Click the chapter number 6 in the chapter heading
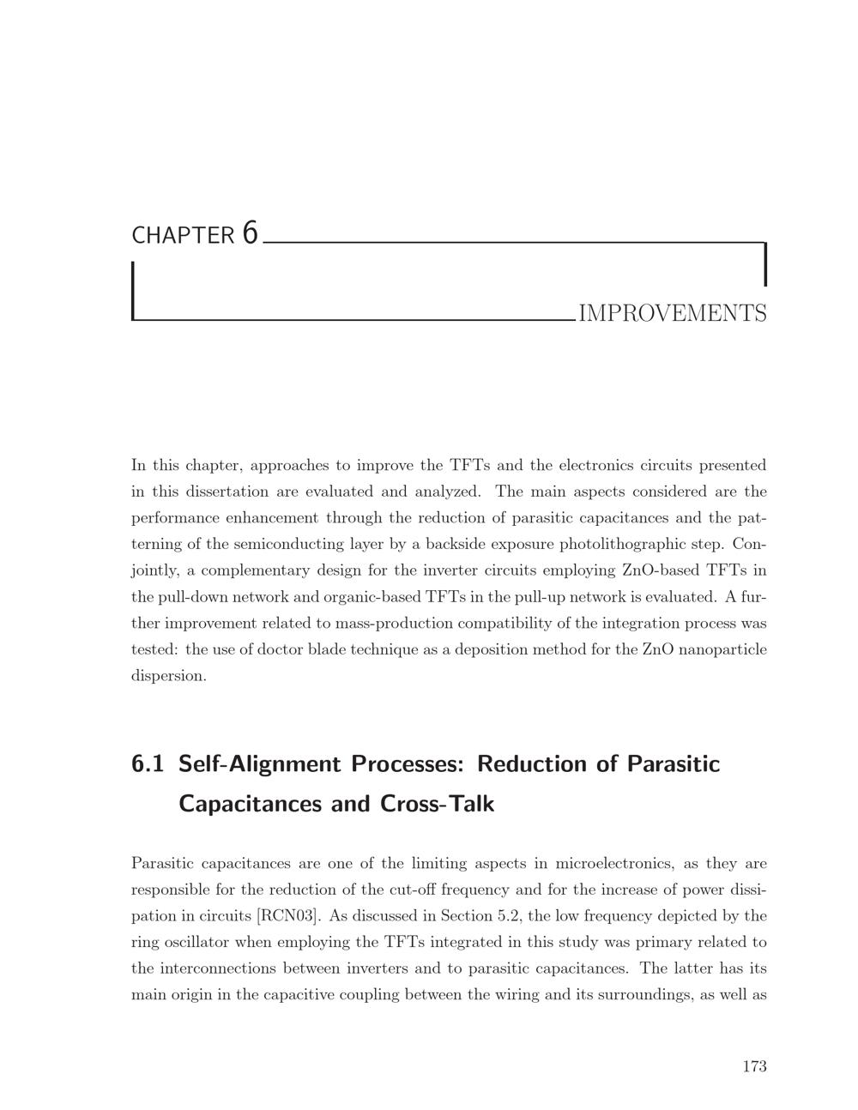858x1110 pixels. (x=250, y=232)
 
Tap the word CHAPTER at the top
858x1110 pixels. (x=182, y=235)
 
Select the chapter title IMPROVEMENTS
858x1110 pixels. (x=673, y=314)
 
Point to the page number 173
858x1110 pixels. (x=754, y=1066)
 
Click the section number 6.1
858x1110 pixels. (x=148, y=763)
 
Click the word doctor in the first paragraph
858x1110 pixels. (x=286, y=649)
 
